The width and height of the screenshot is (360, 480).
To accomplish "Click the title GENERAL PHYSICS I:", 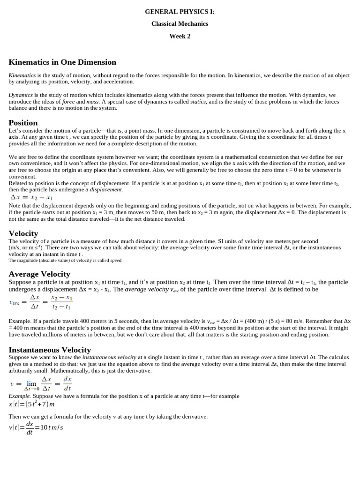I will (180, 12).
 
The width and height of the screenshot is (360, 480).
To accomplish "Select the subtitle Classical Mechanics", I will (180, 24).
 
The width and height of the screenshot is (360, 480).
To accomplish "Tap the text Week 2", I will (180, 36).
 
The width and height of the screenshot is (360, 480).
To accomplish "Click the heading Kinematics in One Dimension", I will (62, 62).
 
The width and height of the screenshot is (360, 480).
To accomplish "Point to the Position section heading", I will (23, 123).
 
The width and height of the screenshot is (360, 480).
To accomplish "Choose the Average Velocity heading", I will (39, 274).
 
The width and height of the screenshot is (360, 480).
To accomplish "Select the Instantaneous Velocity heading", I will (50, 350).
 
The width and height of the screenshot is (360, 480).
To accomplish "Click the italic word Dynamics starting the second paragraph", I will (21, 95).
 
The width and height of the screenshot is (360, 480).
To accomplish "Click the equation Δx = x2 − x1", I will (31, 197).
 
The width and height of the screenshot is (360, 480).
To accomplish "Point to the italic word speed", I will (116, 260).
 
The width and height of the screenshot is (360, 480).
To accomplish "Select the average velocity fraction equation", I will (41, 302).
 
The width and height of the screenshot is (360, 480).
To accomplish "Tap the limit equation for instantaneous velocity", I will (41, 383).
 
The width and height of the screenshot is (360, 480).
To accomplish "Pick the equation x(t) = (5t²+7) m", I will (31, 404).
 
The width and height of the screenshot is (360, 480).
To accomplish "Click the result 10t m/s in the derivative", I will (52, 427).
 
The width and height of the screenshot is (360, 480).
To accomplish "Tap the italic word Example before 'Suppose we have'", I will (19, 396).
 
